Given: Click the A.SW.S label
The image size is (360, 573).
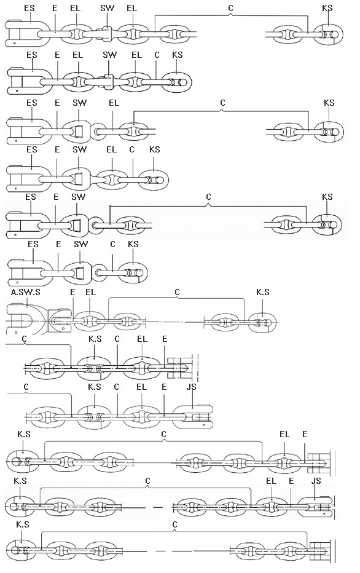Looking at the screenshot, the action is pyautogui.click(x=26, y=293).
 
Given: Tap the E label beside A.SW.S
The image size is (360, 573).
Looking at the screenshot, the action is pyautogui.click(x=72, y=293).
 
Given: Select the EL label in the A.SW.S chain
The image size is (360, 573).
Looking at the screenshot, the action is pyautogui.click(x=90, y=293).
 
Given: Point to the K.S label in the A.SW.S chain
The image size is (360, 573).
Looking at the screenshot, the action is pyautogui.click(x=262, y=293).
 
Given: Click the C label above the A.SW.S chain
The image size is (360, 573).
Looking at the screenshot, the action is pyautogui.click(x=178, y=293).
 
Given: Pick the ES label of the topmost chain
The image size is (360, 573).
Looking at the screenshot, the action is pyautogui.click(x=29, y=8).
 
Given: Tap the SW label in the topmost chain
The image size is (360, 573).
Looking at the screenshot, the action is pyautogui.click(x=107, y=8).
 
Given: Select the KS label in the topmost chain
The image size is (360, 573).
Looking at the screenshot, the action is pyautogui.click(x=327, y=8).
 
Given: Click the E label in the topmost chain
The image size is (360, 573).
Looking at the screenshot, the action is pyautogui.click(x=55, y=8).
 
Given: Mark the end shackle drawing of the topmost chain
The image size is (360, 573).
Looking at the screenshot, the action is pyautogui.click(x=27, y=34).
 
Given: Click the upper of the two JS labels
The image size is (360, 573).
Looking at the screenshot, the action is pyautogui.click(x=191, y=387).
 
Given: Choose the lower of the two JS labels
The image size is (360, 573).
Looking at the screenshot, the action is pyautogui.click(x=316, y=481).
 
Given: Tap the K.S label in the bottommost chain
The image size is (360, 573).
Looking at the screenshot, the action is pyautogui.click(x=23, y=525).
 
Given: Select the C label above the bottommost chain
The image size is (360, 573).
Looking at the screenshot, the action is pyautogui.click(x=174, y=525).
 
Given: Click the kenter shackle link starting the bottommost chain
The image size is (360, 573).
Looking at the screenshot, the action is pyautogui.click(x=21, y=551).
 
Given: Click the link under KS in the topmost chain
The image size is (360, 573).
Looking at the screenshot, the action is pyautogui.click(x=328, y=34).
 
